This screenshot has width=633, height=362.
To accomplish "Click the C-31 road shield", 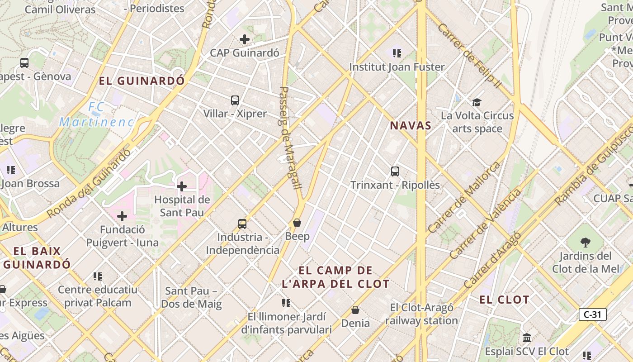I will tap(592, 314).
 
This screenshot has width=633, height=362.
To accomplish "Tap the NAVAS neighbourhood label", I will tap(411, 126).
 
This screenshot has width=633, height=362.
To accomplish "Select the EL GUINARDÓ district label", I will tap(142, 81).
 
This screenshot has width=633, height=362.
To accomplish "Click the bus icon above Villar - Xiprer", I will tap(235, 100).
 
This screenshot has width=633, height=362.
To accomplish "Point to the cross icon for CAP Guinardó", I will tap(245, 39).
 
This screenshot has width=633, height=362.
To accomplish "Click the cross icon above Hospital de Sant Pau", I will tap(182, 186).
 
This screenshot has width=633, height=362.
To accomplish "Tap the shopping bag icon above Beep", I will tap(297, 223).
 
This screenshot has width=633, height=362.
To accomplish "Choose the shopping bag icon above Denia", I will tap(355, 310).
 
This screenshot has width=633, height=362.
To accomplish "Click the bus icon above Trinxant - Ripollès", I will tap(395, 171).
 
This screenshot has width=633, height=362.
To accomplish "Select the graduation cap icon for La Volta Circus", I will tap(477, 102).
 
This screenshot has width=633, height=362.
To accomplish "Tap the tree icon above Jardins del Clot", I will tap(586, 242).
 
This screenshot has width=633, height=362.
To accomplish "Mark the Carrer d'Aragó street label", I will tap(493, 260).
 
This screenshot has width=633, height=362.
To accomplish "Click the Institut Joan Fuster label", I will tap(397, 67).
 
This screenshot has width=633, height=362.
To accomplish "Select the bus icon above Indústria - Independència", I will tap(242, 224).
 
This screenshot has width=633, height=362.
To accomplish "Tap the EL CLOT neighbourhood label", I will tap(504, 300).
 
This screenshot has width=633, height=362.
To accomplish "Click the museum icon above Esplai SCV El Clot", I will tap(527, 338).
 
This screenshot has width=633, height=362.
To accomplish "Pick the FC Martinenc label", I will tap(97, 115).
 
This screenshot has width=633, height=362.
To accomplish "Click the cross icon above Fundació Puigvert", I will tap(122, 216).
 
